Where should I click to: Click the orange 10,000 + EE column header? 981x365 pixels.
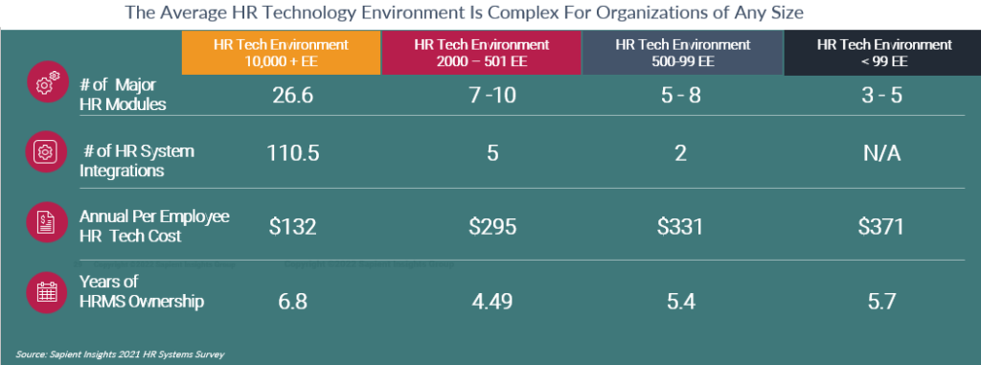click(x=281, y=53)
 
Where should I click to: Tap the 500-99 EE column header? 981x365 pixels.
click(x=682, y=53)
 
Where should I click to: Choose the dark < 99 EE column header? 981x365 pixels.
click(x=882, y=53)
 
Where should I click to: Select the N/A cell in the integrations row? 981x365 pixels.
click(x=881, y=155)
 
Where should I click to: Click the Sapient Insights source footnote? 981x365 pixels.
click(x=120, y=354)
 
